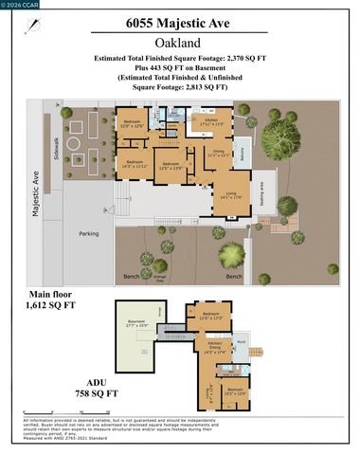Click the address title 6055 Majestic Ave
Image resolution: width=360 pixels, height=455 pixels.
coord(179,24)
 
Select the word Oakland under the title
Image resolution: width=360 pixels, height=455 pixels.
coord(179,44)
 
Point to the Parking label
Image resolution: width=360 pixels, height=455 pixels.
coord(88,233)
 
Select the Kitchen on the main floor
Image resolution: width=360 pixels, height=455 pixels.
coord(214,121)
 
